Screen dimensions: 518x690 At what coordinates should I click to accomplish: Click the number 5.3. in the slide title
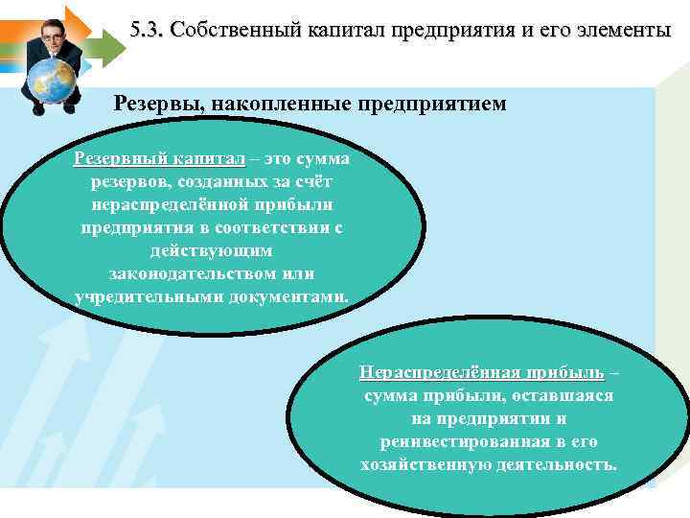pos(147,30)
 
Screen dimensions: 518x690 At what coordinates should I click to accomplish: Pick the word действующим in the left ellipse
pos(212,250)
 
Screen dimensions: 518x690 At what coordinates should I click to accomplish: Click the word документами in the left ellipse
pos(290,296)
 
